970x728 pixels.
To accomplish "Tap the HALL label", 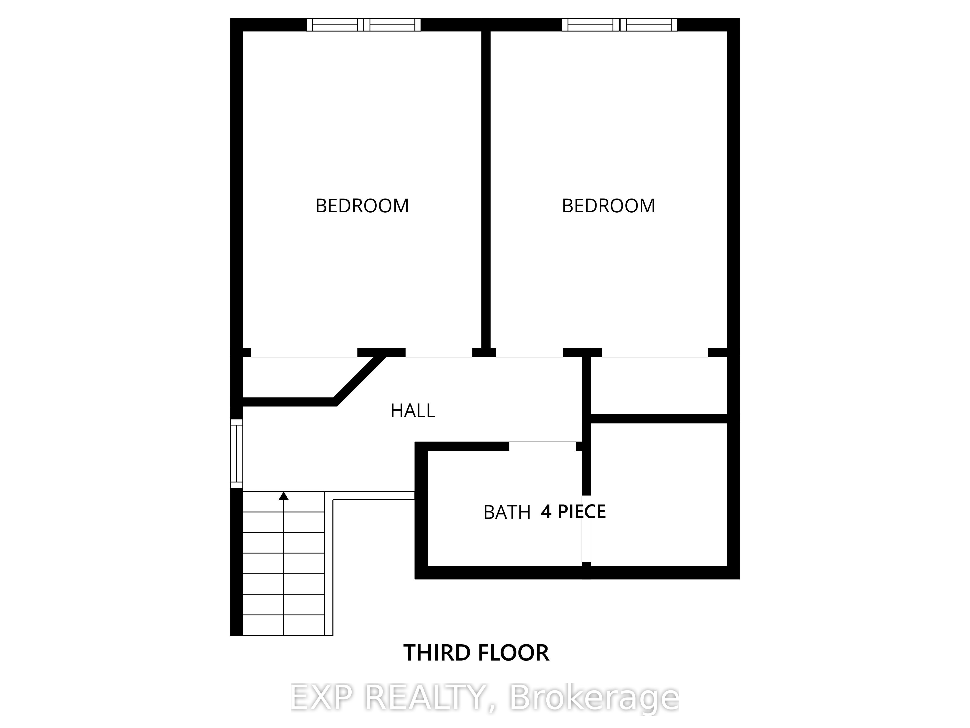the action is tap(413, 411).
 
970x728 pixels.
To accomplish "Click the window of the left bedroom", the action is tap(364, 25).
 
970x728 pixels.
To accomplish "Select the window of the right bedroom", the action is tap(620, 25).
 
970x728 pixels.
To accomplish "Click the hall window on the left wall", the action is tap(236, 453).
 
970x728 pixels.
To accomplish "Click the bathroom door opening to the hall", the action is tap(542, 446).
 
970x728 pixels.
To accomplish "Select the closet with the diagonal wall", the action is tap(303, 377).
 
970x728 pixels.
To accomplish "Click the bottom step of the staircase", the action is tap(284, 625).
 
